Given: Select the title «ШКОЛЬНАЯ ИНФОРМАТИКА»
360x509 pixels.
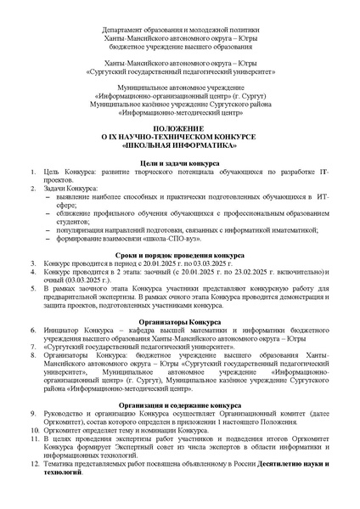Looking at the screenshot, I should (179, 144).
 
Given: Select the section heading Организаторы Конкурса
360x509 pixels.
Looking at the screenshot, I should (179, 321).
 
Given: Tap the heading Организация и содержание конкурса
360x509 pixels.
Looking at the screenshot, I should (179, 405).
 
